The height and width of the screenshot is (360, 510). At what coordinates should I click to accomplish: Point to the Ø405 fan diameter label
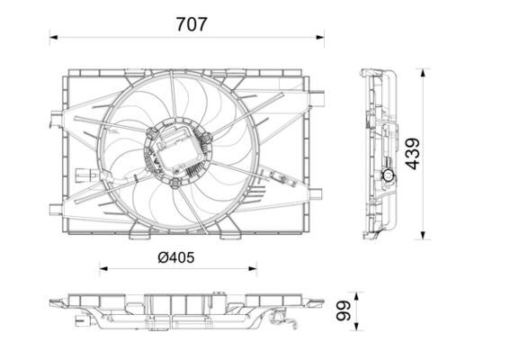tap(175, 257)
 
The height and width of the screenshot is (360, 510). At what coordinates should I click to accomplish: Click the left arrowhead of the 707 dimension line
tap(53, 38)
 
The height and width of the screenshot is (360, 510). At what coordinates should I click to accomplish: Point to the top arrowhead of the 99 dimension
tap(357, 295)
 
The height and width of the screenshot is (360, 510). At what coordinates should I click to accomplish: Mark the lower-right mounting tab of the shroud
tap(315, 192)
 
